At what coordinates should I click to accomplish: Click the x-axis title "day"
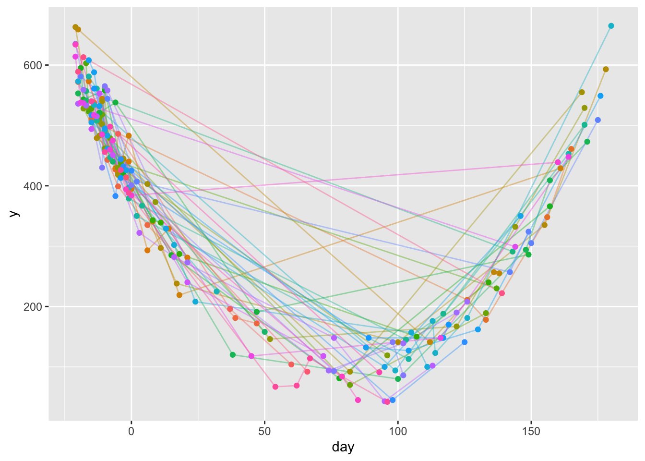(x=343, y=448)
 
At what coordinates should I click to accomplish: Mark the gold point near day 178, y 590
(x=606, y=69)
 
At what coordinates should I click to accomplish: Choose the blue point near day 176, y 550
(x=600, y=96)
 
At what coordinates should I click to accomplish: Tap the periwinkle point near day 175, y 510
(x=597, y=120)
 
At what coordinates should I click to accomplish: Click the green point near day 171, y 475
(x=587, y=142)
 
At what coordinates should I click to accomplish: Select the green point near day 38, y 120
(x=233, y=355)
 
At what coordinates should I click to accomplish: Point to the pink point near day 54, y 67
(x=275, y=387)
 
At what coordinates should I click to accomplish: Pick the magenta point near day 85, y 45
(x=358, y=400)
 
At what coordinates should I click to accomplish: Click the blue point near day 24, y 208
(x=195, y=302)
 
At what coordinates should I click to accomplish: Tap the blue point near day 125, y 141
(x=465, y=342)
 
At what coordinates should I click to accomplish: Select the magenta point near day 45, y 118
(x=251, y=356)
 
